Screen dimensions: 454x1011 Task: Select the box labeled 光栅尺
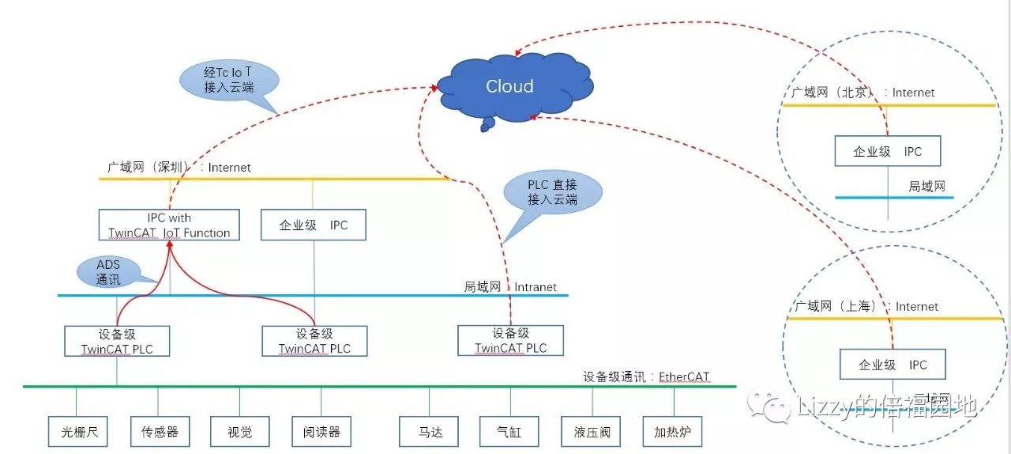click(x=77, y=432)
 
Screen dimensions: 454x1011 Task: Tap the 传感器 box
click(x=160, y=432)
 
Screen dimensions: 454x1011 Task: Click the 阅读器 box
click(x=321, y=432)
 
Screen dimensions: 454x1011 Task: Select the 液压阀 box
click(x=592, y=432)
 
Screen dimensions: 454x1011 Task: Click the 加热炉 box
click(x=672, y=432)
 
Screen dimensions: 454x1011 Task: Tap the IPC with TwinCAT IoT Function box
click(x=169, y=225)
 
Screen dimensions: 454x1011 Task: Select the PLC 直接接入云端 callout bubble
click(x=552, y=193)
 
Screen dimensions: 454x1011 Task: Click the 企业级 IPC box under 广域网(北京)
click(x=887, y=152)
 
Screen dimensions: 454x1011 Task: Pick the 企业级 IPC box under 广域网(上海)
click(x=892, y=365)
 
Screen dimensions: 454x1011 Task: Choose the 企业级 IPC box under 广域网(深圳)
click(x=314, y=225)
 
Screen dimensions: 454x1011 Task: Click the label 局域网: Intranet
click(x=509, y=287)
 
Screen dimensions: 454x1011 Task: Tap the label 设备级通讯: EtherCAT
click(x=646, y=377)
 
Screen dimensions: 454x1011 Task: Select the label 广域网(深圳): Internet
click(x=179, y=168)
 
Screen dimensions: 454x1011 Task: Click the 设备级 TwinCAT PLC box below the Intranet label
click(x=510, y=341)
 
